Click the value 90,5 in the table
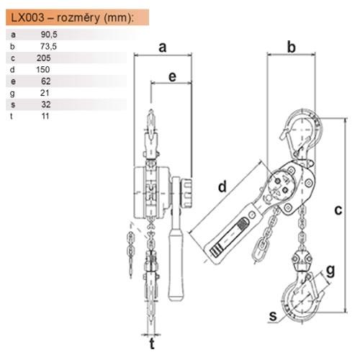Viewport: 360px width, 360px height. tap(49, 35)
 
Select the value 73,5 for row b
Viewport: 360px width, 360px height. tap(48, 46)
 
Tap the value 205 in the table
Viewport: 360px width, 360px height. tap(43, 58)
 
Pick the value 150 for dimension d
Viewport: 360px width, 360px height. tap(43, 69)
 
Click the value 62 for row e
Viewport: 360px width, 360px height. tap(46, 81)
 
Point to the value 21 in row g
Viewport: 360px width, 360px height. tap(45, 93)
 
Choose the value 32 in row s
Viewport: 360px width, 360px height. tap(46, 104)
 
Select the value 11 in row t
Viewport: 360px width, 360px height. tap(45, 116)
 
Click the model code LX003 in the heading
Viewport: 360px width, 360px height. tap(28, 17)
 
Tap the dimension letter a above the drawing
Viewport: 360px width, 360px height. tap(163, 47)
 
